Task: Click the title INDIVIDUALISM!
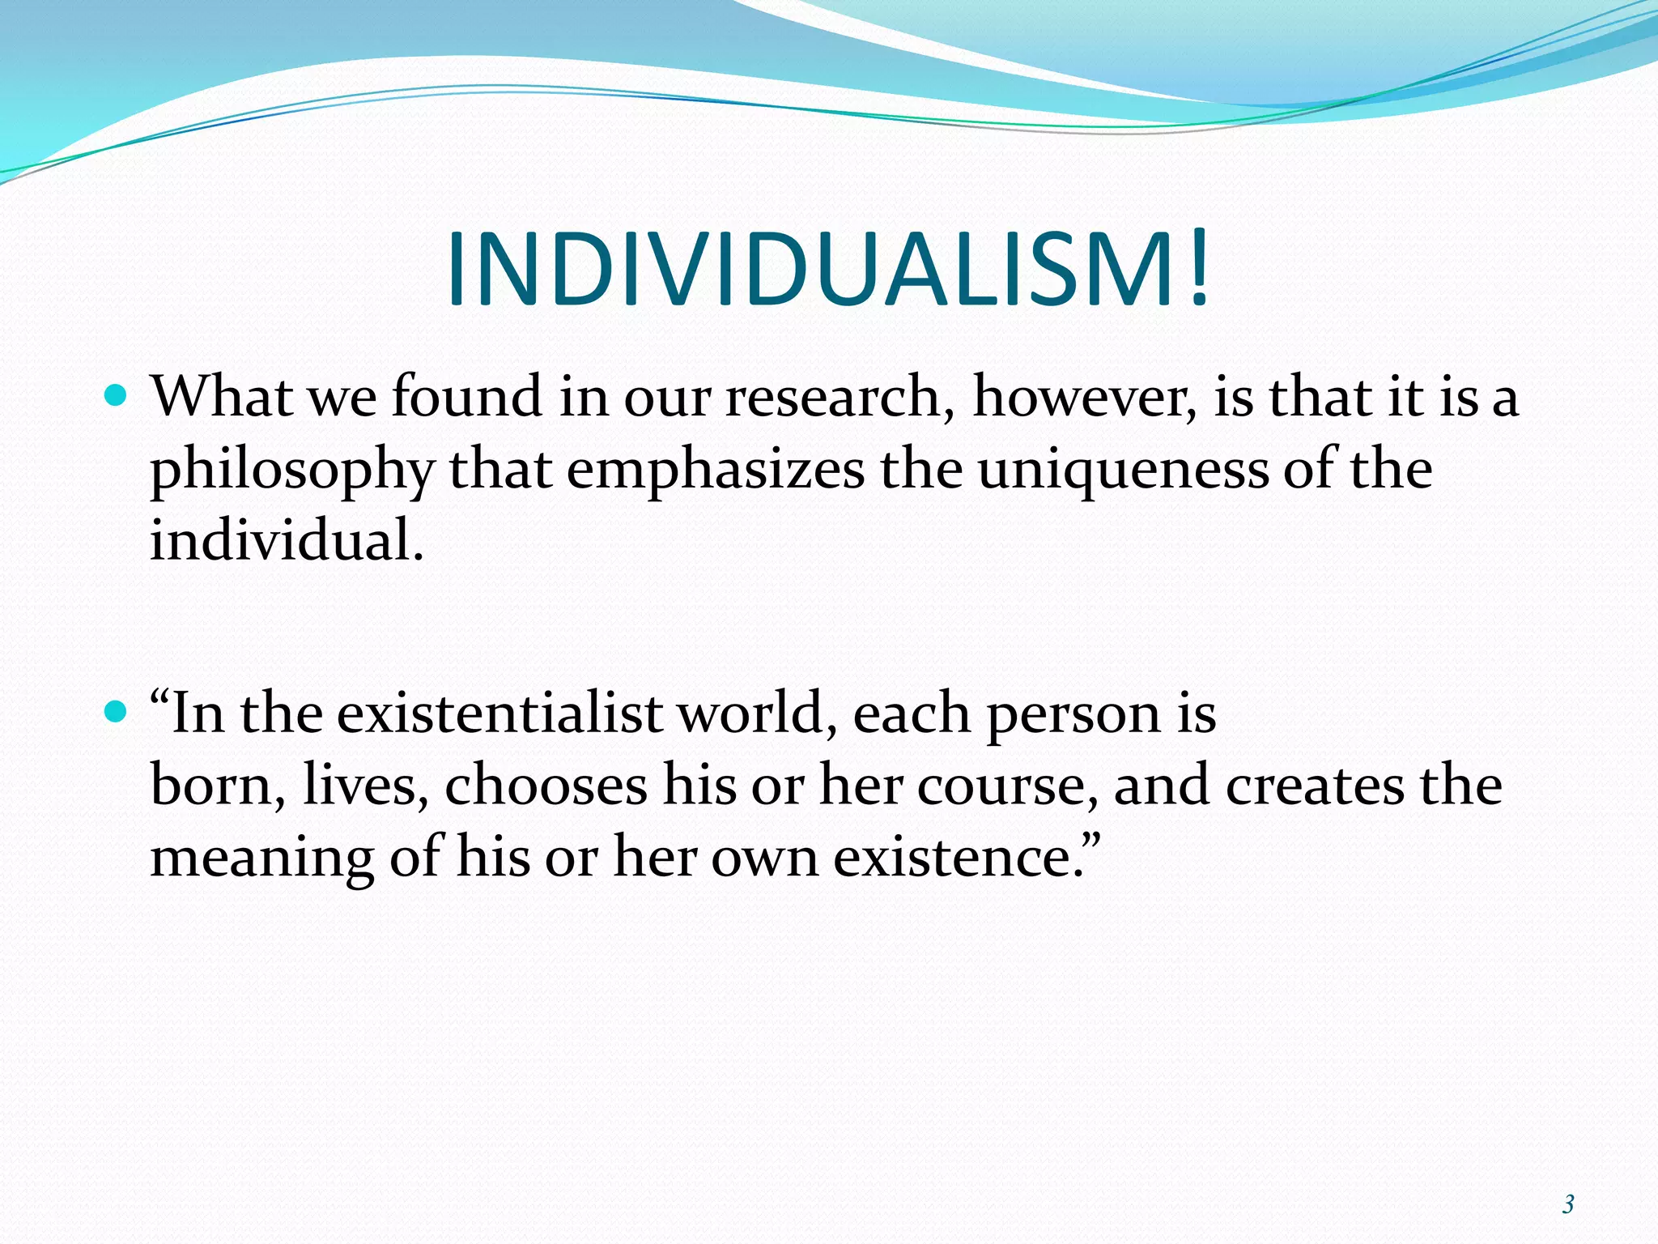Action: coord(827,270)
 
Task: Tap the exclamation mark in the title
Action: coord(1199,270)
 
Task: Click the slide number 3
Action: coord(1568,1204)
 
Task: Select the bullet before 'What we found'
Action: coord(117,395)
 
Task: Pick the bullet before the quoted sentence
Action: coord(117,712)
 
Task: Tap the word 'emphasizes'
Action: coord(715,470)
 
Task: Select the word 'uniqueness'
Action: coord(1122,470)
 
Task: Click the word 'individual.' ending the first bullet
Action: coord(287,540)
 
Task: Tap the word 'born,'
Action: coord(218,786)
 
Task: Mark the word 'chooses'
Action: coord(546,786)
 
